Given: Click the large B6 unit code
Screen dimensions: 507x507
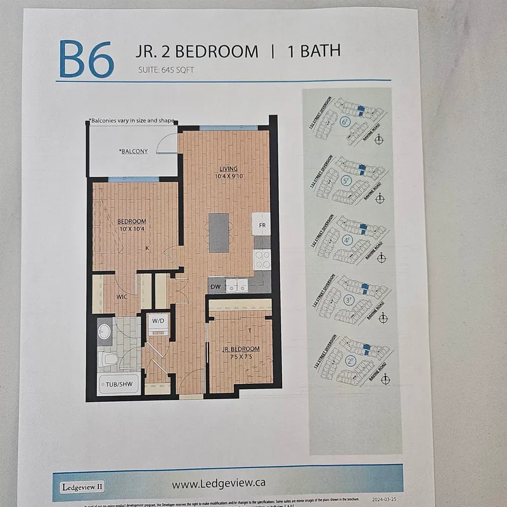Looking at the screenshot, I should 87,59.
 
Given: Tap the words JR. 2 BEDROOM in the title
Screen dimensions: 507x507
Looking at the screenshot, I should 196,51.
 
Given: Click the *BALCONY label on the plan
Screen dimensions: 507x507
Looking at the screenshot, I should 133,151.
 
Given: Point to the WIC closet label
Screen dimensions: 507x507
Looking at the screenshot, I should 123,296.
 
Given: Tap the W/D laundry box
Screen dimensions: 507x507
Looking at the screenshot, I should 158,321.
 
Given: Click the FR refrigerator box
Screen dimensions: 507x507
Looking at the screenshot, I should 261,224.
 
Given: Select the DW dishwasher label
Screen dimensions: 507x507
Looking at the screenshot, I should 215,287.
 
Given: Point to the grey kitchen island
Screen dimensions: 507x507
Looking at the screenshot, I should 219,233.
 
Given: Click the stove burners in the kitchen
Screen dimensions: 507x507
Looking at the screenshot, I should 262,259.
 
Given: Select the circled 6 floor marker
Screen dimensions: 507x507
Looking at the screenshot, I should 345,121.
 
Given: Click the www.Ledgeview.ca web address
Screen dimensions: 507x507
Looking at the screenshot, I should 219,483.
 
